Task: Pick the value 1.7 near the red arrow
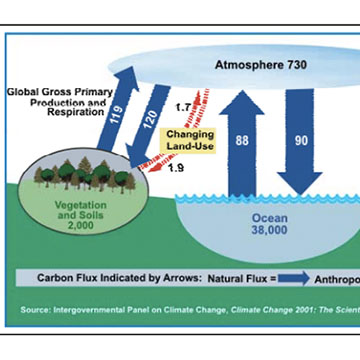182,105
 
